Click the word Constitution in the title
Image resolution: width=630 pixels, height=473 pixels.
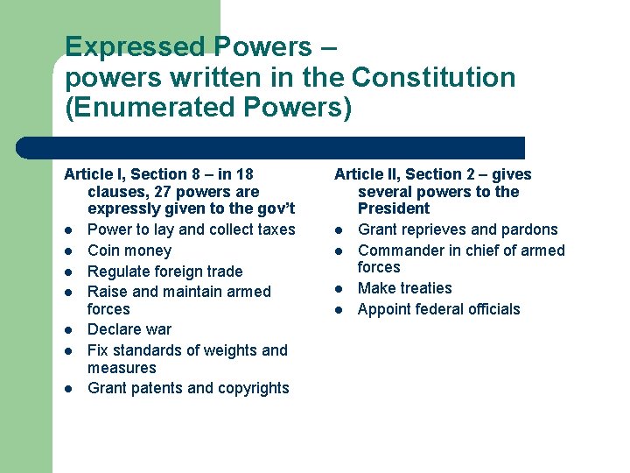[x=434, y=78]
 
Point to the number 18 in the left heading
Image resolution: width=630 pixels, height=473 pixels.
[x=244, y=174]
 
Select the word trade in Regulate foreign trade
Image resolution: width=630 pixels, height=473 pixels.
[x=223, y=272]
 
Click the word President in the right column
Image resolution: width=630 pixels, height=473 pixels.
[x=394, y=208]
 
